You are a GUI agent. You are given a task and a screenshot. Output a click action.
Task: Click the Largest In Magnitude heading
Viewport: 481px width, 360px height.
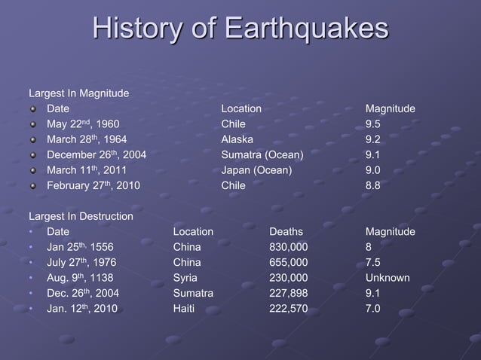78,94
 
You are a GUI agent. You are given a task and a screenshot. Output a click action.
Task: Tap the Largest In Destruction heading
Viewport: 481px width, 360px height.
81,217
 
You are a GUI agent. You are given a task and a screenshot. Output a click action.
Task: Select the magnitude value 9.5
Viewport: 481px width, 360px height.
373,124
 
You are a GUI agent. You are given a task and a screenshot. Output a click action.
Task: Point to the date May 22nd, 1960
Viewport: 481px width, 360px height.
82,124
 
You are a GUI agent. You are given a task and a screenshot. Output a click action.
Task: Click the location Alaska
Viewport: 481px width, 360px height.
237,139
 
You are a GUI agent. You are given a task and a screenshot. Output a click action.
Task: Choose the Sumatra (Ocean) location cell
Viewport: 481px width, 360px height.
262,155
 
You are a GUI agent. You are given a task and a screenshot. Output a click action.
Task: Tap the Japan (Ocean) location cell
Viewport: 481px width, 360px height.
256,170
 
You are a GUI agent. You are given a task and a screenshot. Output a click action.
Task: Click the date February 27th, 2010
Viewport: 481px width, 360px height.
93,185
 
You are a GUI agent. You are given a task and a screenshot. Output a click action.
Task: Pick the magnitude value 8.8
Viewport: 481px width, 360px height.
373,185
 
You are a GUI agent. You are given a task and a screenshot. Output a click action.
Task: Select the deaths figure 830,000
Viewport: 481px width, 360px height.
288,247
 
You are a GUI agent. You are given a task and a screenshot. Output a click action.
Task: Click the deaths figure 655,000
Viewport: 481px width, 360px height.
288,263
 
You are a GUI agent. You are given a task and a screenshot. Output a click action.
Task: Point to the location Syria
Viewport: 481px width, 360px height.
185,278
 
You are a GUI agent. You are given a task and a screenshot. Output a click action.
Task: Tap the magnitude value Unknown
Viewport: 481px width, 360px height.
388,278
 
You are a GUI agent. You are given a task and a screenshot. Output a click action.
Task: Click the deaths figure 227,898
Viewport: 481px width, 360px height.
288,293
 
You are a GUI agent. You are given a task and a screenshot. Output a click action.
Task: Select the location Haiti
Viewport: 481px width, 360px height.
185,308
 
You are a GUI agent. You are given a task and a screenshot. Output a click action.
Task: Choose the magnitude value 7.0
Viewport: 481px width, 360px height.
373,308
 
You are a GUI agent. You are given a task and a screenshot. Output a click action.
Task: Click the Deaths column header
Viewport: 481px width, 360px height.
286,232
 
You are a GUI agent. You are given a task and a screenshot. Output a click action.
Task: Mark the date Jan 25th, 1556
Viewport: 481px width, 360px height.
80,247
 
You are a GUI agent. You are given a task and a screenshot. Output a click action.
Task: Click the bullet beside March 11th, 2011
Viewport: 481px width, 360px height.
33,171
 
